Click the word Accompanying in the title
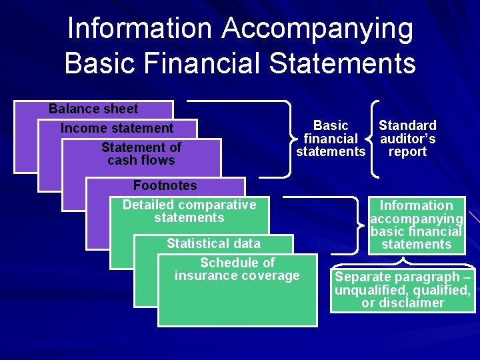(317, 29)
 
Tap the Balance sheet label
(93, 109)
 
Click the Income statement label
(117, 128)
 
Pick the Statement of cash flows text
(141, 154)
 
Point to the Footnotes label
(165, 185)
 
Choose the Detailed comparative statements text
(189, 211)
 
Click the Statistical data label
(213, 243)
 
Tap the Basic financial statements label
(331, 139)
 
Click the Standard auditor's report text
(407, 139)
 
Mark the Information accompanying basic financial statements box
(416, 225)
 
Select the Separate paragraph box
(403, 290)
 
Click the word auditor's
(407, 139)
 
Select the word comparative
(217, 205)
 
